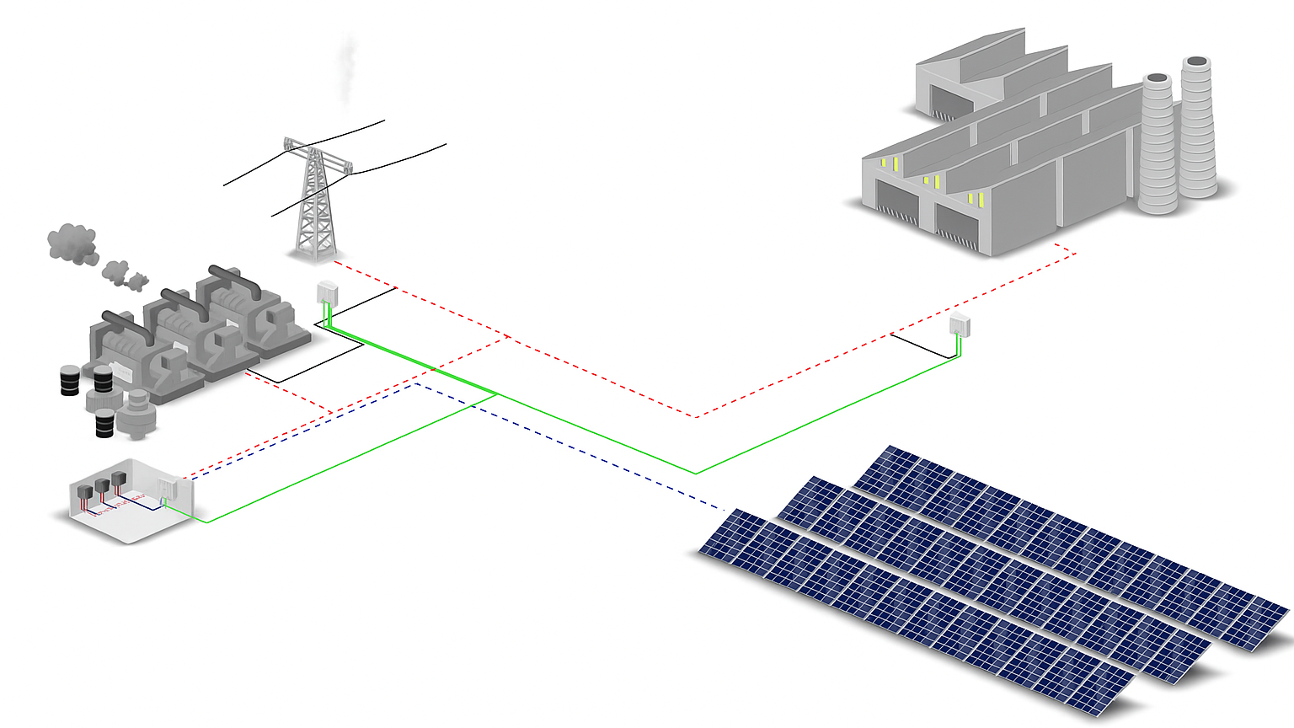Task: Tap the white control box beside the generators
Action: [327, 292]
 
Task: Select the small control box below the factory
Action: [960, 324]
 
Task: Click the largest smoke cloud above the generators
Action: [72, 242]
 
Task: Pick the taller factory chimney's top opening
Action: [1197, 62]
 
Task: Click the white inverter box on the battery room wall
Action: [167, 487]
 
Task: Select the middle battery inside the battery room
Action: [102, 487]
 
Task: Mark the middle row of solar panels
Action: [994, 581]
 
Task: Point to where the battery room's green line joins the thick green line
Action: [497, 394]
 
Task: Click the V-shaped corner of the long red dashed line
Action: [696, 416]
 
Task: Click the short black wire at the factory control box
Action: [922, 346]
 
